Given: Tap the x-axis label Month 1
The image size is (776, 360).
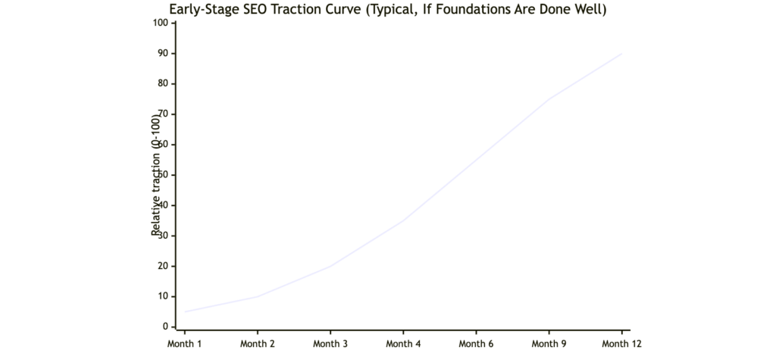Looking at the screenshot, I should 184,344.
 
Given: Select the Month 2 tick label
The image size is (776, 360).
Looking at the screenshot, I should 257,344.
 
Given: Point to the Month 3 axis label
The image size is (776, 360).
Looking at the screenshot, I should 330,344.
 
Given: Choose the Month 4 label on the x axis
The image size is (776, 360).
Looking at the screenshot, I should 403,344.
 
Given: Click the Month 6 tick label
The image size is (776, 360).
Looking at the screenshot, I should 476,344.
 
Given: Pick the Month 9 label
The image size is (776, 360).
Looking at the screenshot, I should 549,344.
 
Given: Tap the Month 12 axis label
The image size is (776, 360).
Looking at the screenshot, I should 621,344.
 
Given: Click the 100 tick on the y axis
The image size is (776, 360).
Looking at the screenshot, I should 159,23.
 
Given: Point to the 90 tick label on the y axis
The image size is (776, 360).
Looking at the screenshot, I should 161,53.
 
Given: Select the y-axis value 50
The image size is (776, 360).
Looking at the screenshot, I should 161,175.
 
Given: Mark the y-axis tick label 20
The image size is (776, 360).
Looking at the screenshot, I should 161,266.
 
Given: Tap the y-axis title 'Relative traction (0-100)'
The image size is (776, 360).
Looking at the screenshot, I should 156,175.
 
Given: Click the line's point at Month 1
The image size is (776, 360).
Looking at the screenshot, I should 184,311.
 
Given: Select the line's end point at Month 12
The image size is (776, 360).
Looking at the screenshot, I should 621,53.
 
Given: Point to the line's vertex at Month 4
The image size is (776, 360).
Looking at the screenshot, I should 403,221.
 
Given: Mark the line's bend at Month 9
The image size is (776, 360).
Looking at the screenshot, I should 549,99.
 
